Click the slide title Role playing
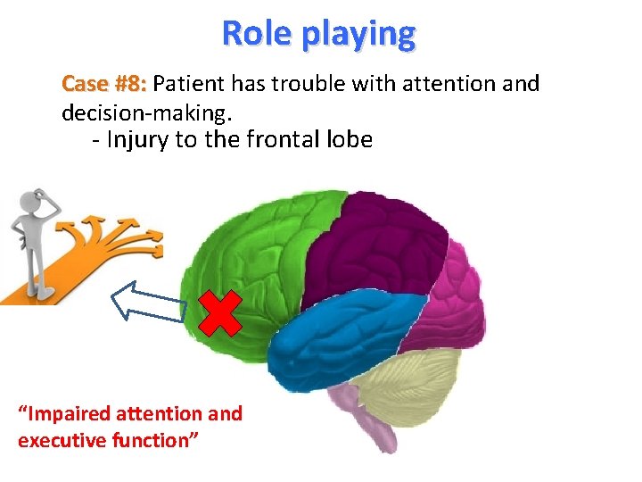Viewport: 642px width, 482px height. pos(318,33)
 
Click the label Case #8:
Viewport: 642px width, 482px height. pos(103,85)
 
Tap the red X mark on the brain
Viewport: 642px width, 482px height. pos(220,312)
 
